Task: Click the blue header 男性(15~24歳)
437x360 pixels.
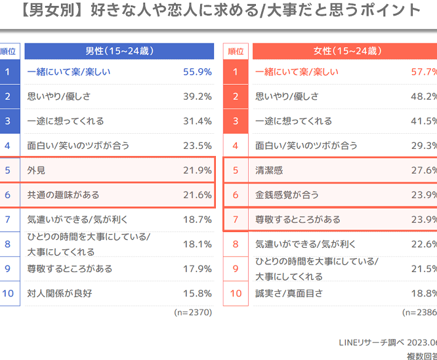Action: tap(119, 51)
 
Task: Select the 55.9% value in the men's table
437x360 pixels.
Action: tap(198, 72)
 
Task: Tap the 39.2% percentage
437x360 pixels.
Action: tap(198, 96)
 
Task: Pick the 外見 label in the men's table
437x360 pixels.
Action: tap(37, 170)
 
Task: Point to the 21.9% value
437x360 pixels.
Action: tap(198, 170)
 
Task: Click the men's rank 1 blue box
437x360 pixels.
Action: tap(7, 72)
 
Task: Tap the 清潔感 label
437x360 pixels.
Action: tap(269, 170)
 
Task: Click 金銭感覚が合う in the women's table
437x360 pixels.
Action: tap(286, 195)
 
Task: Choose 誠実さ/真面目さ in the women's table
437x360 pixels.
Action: tap(289, 293)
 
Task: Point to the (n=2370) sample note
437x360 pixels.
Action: tap(193, 313)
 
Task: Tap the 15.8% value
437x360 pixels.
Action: tap(198, 293)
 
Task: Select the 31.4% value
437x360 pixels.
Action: tap(198, 121)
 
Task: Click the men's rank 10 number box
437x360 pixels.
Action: tap(7, 293)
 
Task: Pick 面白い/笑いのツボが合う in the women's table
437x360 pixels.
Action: tap(306, 146)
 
